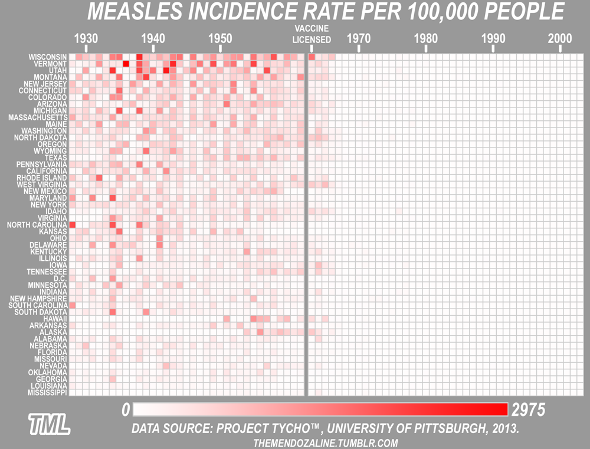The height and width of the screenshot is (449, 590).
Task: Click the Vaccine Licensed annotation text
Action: [x=312, y=34]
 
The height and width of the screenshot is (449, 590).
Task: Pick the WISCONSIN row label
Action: [x=48, y=57]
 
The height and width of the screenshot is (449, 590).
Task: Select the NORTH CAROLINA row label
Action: [x=37, y=225]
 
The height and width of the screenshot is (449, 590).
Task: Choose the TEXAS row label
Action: [x=56, y=158]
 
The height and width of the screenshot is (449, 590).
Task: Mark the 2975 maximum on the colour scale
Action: [x=528, y=409]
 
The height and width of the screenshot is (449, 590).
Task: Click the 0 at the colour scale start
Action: [x=125, y=409]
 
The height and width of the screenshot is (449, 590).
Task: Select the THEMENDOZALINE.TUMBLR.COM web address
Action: [x=325, y=443]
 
